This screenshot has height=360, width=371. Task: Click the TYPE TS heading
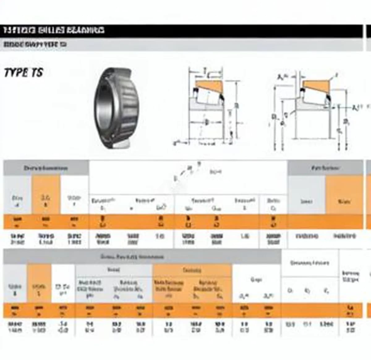tap(23, 73)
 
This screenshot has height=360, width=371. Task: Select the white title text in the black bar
tap(54, 30)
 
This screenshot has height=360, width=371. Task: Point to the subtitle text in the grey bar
tap(35, 44)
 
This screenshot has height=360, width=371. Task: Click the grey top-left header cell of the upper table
tap(46, 168)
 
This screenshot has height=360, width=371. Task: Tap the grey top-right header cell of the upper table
tap(325, 168)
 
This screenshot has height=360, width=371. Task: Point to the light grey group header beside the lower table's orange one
tap(113, 270)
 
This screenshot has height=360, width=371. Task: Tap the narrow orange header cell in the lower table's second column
tap(39, 284)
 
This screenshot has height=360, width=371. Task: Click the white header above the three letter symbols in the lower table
tap(309, 263)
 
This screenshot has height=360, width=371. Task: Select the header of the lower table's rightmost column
tap(350, 277)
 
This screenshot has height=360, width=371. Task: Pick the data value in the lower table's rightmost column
tap(350, 327)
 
